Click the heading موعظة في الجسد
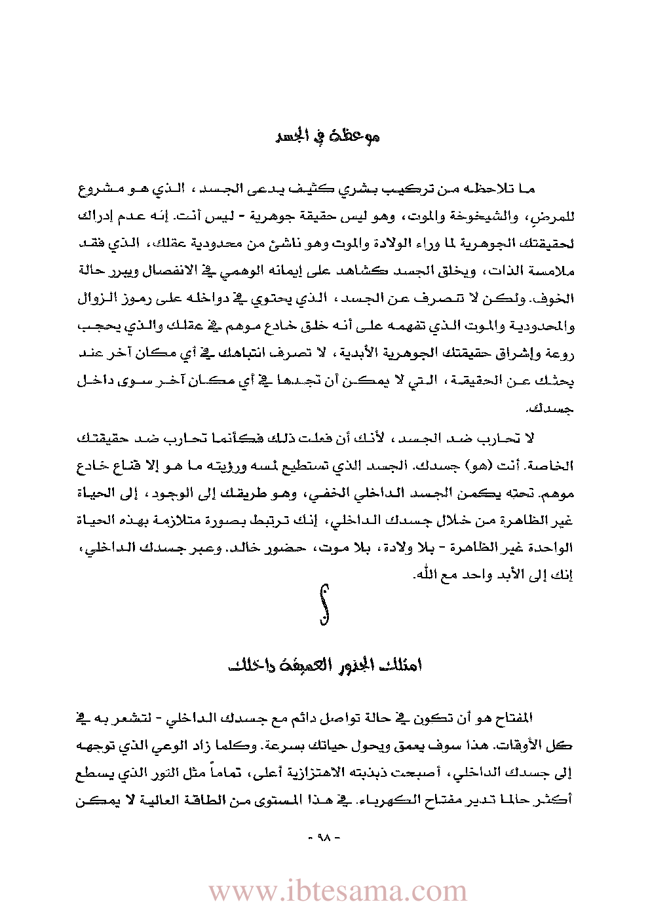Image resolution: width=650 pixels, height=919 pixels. coord(327,136)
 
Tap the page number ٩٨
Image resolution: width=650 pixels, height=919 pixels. coord(325,837)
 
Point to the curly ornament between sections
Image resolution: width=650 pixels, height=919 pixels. coord(324,604)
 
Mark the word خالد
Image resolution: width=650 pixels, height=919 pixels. coord(246,547)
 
